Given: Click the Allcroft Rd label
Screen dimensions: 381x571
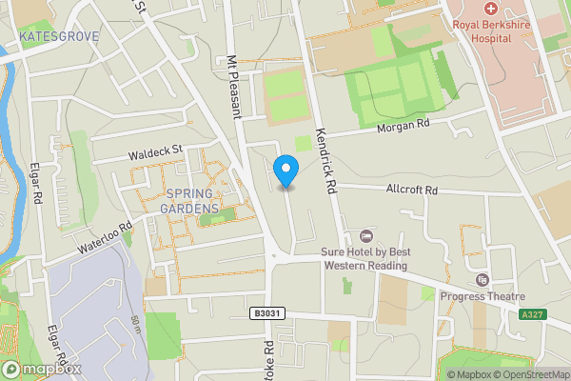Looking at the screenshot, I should [x=411, y=190].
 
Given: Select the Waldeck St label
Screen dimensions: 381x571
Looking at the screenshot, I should [x=155, y=152].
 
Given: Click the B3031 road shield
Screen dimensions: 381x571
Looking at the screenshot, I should [x=268, y=313].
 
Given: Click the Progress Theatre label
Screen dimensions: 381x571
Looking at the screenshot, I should [x=482, y=295].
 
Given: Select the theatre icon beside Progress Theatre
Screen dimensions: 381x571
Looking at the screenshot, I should [x=482, y=279].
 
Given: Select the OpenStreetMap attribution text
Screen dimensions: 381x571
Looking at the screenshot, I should [x=531, y=374].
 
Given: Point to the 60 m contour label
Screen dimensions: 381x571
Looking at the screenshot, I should [x=136, y=324].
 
